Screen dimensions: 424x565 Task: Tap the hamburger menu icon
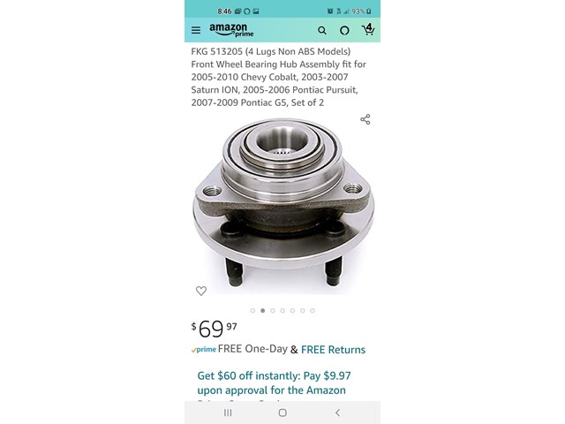click(x=196, y=30)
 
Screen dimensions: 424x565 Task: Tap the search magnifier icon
click(x=322, y=30)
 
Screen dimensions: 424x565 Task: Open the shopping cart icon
click(x=368, y=30)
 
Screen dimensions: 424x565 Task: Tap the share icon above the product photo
click(x=365, y=119)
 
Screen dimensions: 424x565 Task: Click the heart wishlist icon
click(x=201, y=291)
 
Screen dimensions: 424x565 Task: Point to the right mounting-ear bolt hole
click(x=351, y=188)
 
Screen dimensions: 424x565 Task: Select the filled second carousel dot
click(x=262, y=311)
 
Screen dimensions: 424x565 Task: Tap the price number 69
click(x=211, y=329)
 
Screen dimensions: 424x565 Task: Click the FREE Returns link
click(x=333, y=350)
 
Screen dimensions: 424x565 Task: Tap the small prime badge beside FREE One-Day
click(x=204, y=350)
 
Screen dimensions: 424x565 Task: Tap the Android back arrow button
click(x=337, y=413)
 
